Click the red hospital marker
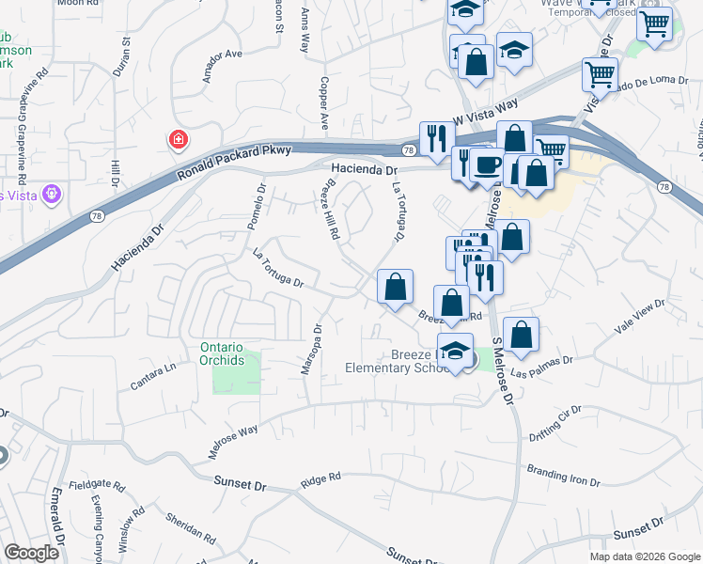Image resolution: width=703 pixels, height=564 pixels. pyautogui.click(x=177, y=141)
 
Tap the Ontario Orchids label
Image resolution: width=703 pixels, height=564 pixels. pyautogui.click(x=222, y=353)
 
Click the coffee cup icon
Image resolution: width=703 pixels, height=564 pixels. pyautogui.click(x=486, y=164)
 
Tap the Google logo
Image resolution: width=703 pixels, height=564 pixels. pyautogui.click(x=31, y=553)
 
